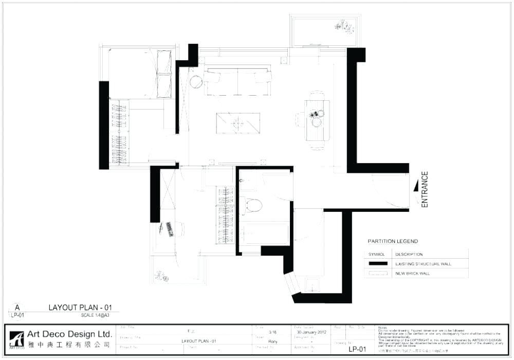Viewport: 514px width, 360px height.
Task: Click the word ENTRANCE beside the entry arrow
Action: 425,190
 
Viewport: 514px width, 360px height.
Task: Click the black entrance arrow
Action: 416,189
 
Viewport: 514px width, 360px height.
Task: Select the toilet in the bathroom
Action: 252,206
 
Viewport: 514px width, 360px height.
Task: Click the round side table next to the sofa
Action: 196,81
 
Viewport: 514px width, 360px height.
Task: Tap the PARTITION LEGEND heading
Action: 393,241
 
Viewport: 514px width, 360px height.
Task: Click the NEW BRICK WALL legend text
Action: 413,274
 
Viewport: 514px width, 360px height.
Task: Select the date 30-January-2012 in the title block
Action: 311,332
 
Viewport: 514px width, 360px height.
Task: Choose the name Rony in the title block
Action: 273,341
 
